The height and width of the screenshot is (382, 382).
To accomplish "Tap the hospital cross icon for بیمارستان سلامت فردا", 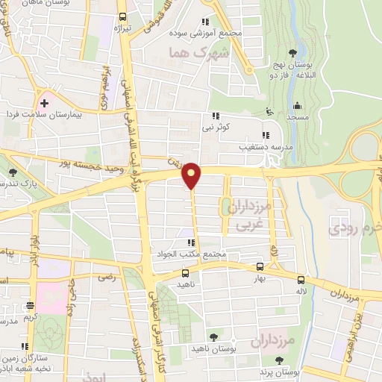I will (45, 103).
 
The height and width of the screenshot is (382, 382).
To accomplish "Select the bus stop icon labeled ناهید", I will (186, 272).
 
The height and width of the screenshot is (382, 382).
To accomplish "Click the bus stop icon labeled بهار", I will (260, 266).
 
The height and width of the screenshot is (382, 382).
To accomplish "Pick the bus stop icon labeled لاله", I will (301, 280).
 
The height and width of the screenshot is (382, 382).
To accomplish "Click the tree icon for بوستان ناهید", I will (215, 338).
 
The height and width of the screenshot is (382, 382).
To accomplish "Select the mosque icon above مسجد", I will (297, 105).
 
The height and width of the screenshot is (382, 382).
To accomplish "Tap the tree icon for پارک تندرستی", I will (13, 172).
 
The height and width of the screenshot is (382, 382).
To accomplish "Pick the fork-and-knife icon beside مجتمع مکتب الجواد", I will (191, 242).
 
